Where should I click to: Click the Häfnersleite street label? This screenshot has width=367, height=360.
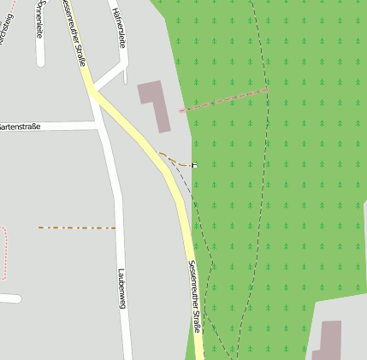119,27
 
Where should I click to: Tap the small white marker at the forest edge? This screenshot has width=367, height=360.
195,164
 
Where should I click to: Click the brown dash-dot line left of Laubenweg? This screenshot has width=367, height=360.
76,227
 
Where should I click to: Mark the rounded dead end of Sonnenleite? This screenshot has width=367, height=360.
40,62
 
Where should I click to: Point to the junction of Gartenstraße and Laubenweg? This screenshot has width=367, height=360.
101,126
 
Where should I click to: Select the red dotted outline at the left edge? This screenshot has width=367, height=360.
3,253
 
